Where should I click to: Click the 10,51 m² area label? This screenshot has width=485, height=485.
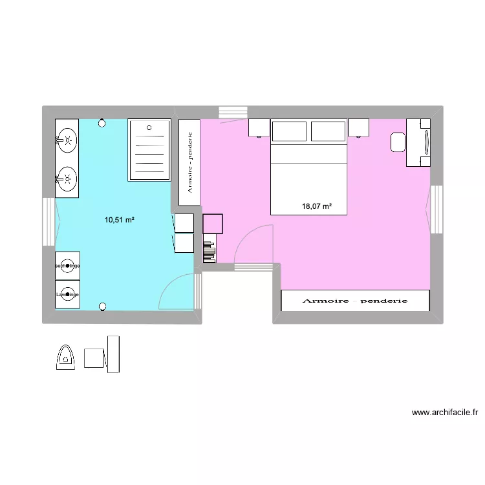(120, 220)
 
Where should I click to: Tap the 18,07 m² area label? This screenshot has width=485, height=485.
(317, 206)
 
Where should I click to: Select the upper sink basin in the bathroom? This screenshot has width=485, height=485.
(67, 138)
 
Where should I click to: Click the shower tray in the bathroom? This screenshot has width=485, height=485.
(150, 150)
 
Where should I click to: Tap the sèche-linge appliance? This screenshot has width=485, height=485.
(67, 266)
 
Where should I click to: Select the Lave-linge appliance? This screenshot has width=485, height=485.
(67, 294)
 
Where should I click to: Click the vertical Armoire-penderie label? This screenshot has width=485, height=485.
(189, 162)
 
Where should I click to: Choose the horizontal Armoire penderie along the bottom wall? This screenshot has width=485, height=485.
(355, 301)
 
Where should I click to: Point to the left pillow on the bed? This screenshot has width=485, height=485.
(290, 131)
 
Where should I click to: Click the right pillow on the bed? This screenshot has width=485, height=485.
(329, 131)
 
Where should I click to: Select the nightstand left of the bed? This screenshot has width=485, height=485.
(259, 128)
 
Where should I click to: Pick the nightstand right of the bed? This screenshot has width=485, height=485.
(359, 128)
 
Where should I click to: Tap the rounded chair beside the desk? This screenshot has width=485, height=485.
(398, 142)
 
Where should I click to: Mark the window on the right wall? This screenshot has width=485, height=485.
(436, 210)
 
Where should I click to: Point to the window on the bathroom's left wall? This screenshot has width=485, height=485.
(48, 221)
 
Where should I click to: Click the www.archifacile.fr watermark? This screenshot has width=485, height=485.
(444, 412)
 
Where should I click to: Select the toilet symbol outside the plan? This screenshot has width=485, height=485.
(66, 357)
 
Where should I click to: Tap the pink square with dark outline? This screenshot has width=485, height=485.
(213, 224)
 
